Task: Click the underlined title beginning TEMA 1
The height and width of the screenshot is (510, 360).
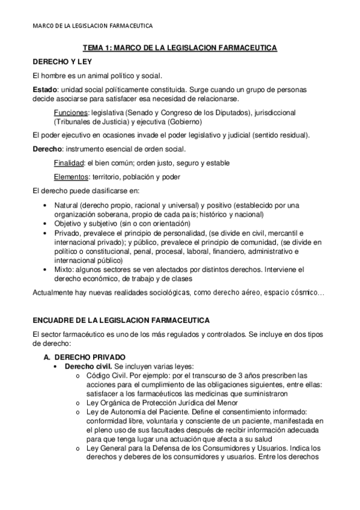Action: pos(179,48)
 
